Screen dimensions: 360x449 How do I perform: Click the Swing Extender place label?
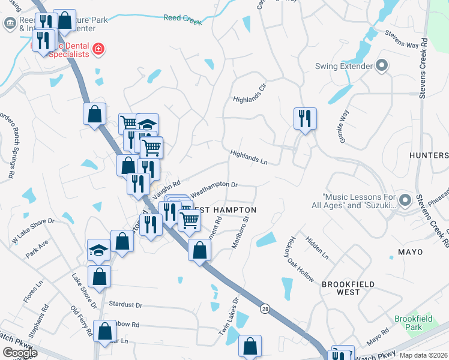(x=344, y=66)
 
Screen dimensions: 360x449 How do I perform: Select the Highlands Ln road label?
(x=248, y=157)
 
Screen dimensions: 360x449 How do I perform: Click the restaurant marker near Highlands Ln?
(x=305, y=119)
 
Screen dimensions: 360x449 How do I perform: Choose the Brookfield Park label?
(x=408, y=323)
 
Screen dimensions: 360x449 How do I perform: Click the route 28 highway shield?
(x=265, y=308)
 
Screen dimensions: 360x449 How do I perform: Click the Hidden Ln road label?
(x=317, y=247)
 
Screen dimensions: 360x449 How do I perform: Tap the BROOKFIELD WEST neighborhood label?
(x=348, y=288)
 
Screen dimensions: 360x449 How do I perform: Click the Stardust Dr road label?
(x=125, y=305)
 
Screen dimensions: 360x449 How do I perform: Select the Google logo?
(x=19, y=353)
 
